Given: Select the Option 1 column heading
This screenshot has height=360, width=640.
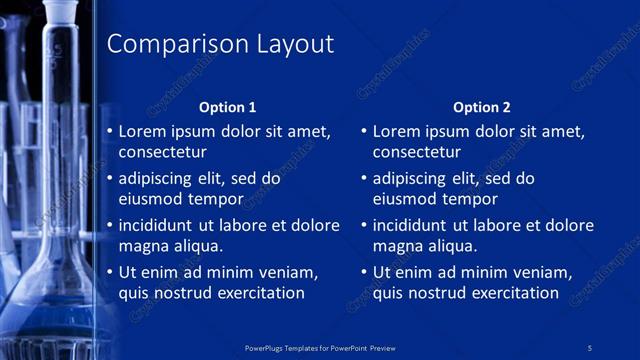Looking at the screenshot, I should point(227,107).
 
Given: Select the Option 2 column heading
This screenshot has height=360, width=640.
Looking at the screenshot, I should point(481,107).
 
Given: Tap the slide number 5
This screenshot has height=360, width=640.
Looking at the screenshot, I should point(590,348).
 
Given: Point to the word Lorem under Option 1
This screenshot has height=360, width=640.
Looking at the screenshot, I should point(141,131).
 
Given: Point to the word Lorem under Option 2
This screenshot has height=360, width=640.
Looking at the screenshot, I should point(395,131).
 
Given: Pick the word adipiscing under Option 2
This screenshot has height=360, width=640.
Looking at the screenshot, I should point(409,178).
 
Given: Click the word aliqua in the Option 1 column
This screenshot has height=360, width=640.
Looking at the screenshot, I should point(197,246).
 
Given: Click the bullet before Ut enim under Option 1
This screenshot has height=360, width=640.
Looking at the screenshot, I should point(110,272).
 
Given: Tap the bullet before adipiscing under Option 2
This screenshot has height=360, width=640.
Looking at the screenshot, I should point(364,178).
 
